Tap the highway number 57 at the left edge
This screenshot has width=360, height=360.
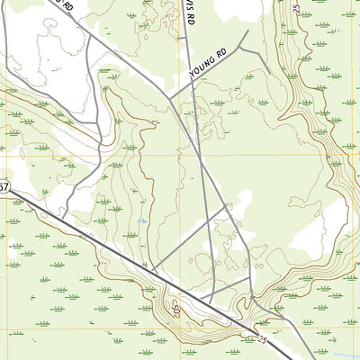[4, 187]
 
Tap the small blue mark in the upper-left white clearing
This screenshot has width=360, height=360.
[56, 69]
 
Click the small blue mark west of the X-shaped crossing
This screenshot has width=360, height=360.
[145, 220]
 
